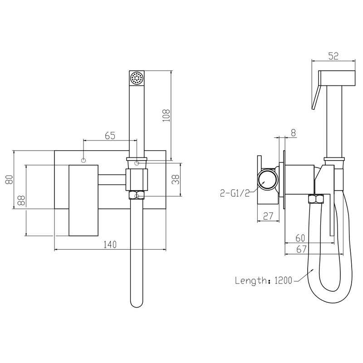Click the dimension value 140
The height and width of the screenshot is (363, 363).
[110, 245]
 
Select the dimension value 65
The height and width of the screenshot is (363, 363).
[110, 135]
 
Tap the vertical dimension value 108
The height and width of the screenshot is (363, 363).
[166, 116]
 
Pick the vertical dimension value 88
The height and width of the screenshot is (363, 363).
[20, 200]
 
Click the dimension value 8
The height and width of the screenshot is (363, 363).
[293, 132]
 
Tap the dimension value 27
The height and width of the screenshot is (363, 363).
[268, 216]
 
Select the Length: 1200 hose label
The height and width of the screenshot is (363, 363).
[263, 280]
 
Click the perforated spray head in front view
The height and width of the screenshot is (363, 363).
[136, 78]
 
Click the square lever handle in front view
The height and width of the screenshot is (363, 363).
[83, 201]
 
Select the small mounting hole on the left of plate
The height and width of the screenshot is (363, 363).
[83, 160]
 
